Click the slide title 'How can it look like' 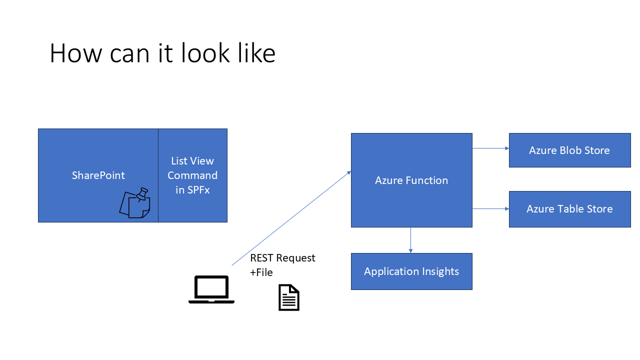[162, 53]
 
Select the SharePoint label [98, 175]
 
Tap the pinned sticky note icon [135, 203]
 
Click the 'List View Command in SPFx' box [193, 175]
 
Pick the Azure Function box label [411, 180]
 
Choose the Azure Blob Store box [569, 150]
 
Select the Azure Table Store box [569, 209]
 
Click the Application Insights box [411, 271]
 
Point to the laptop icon [211, 289]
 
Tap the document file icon [289, 297]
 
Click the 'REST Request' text [282, 258]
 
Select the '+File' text [261, 272]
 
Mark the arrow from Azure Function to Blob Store [490, 148]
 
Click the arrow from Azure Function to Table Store [490, 209]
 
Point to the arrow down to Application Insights [410, 240]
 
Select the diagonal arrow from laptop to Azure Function [291, 218]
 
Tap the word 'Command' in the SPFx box [192, 175]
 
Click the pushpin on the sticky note [142, 194]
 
